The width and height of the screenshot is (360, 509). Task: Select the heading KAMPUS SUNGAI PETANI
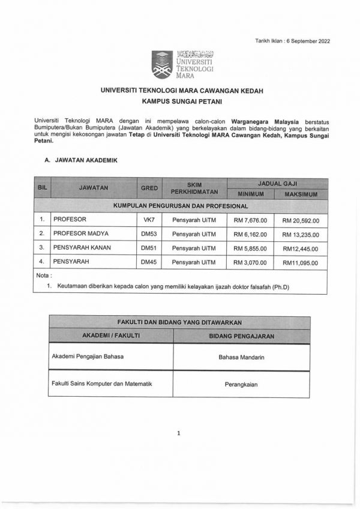pos(179,103)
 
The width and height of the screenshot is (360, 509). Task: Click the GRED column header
pos(149,188)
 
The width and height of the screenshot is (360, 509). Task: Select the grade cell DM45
pos(148,262)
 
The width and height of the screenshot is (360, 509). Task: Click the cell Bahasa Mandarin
pos(242,358)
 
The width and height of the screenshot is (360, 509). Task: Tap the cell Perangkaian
pos(242,385)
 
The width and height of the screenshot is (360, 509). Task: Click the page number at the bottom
pos(179,432)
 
